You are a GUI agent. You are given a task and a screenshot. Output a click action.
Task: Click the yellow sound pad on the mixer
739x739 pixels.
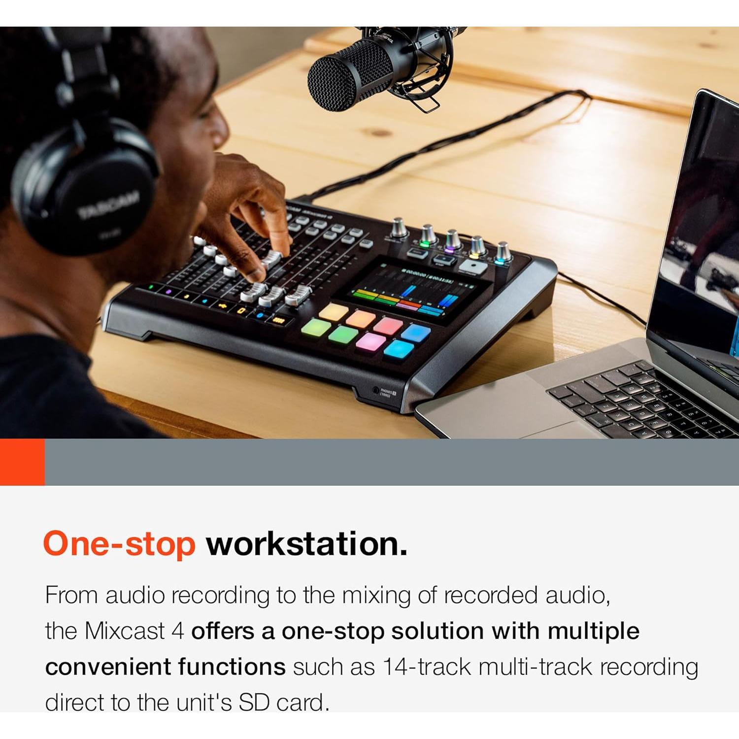pos(334,311)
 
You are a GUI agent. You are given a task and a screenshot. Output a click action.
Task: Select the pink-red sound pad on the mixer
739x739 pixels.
pos(388,325)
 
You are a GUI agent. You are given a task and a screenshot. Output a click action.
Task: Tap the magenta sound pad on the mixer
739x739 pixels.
pos(370,341)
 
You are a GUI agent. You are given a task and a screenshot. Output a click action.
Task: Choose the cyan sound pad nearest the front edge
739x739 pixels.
pos(399,350)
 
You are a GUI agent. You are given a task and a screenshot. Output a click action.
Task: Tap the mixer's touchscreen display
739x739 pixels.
pos(419,291)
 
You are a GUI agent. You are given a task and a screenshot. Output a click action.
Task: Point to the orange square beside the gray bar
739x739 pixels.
pos(22,462)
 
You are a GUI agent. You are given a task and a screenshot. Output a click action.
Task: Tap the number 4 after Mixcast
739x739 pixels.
pos(178,631)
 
